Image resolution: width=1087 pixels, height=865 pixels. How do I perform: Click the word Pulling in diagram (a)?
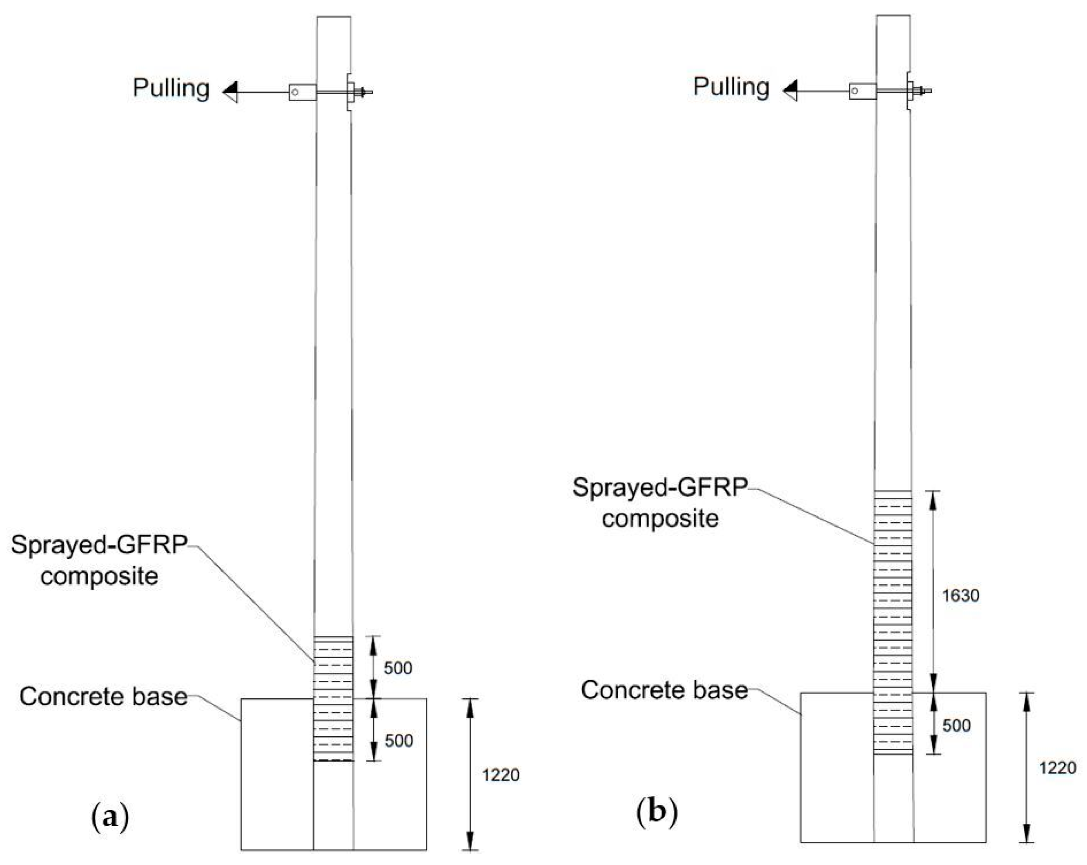pyautogui.click(x=171, y=89)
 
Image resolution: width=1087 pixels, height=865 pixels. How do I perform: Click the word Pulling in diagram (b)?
pyautogui.click(x=731, y=87)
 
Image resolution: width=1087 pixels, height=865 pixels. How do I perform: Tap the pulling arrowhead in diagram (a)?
pyautogui.click(x=230, y=92)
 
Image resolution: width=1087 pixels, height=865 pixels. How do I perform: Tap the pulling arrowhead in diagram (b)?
pyautogui.click(x=790, y=91)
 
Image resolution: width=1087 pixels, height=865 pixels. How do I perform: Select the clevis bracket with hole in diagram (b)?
pyautogui.click(x=862, y=91)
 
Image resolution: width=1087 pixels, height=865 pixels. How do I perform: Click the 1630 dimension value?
pyautogui.click(x=960, y=596)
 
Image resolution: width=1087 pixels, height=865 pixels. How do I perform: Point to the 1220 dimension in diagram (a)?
pyautogui.click(x=500, y=775)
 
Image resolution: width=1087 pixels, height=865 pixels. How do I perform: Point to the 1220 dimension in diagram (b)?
pyautogui.click(x=1057, y=768)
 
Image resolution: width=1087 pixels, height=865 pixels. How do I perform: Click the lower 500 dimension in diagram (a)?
pyautogui.click(x=398, y=740)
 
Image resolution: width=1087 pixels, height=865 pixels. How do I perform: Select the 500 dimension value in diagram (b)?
pyautogui.click(x=956, y=725)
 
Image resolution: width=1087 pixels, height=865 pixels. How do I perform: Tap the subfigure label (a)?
pyautogui.click(x=110, y=816)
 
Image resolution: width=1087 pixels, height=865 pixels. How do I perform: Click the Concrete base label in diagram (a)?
pyautogui.click(x=103, y=697)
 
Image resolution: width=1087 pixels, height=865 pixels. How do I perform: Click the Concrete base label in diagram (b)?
pyautogui.click(x=664, y=690)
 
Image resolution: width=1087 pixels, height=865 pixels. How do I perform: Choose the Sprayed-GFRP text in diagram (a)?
pyautogui.click(x=99, y=545)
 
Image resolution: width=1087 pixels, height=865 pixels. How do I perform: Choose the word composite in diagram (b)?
pyautogui.click(x=660, y=519)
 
